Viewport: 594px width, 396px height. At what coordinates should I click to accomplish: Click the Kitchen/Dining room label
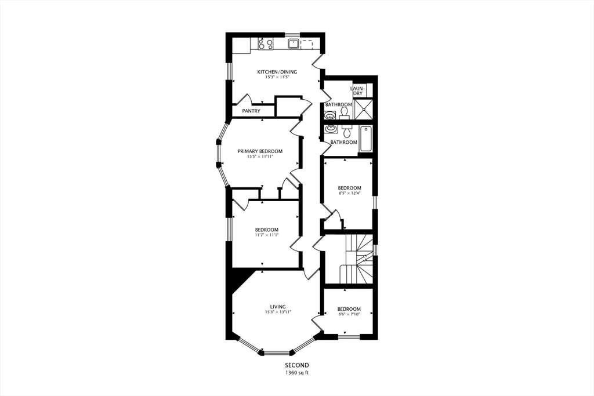277,72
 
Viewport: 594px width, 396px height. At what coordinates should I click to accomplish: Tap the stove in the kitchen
266,43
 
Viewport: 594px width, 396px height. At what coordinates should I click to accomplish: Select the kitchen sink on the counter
294,43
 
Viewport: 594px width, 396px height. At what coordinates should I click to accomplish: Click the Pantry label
251,111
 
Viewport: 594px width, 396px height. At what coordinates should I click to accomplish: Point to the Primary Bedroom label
260,151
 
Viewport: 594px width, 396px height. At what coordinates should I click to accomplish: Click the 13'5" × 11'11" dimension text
260,157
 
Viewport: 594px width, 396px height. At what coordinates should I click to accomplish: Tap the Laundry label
358,91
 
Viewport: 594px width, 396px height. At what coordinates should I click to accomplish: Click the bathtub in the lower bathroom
365,139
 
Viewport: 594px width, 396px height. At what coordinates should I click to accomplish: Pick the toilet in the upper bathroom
344,111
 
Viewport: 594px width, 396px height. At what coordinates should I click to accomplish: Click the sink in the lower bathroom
331,129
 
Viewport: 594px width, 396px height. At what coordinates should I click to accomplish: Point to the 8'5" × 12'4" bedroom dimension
349,193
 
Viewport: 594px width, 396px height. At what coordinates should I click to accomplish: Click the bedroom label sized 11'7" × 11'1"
267,229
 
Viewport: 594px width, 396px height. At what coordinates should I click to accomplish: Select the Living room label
277,307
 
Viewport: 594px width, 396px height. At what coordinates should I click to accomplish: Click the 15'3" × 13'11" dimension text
277,312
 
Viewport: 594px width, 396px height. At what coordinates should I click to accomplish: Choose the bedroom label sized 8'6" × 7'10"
349,309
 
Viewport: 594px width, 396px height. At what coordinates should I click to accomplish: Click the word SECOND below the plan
296,365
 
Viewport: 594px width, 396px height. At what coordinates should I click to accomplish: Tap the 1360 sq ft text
296,373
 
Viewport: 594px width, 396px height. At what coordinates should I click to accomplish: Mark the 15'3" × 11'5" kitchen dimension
277,77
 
